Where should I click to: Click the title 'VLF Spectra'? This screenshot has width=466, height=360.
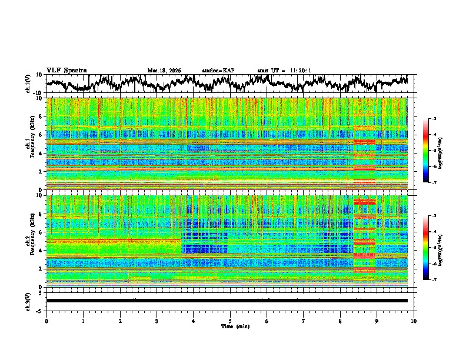pos(66,71)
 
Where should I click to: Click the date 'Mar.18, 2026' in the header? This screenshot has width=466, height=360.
pos(164,71)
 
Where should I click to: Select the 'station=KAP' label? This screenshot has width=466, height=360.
pos(218,71)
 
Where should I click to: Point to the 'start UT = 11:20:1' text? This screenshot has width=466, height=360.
pos(284,71)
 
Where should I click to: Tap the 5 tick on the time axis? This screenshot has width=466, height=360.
pos(230,321)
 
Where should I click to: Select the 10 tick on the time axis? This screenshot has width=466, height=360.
pos(414,321)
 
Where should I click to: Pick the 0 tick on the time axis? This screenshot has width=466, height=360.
pos(46,321)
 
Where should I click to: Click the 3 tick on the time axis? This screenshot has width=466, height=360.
pos(157,321)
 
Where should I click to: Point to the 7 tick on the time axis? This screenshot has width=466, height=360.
pos(304,321)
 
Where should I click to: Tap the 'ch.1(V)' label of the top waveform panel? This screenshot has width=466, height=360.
pos(28,84)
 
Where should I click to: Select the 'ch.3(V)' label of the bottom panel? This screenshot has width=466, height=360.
pos(28,301)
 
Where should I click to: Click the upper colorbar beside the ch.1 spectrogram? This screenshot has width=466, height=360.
pos(432,151)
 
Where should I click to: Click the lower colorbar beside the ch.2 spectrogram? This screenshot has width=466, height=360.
pos(432,248)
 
